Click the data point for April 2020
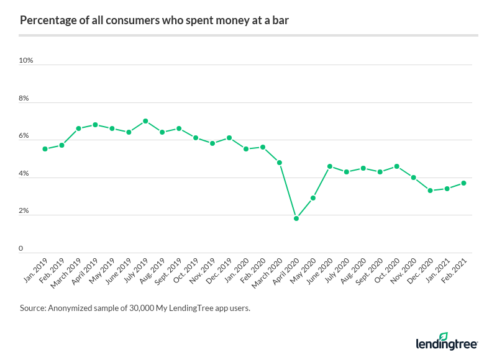coord(296,218)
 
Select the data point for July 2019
coord(145,121)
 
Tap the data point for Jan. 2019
coord(45,149)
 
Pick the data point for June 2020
coord(330,166)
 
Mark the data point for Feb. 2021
coord(464,183)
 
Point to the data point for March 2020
coord(280,163)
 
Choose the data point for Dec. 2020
coord(431,191)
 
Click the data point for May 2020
coord(313,198)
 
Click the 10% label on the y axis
coord(26,61)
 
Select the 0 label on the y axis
coord(21,249)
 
